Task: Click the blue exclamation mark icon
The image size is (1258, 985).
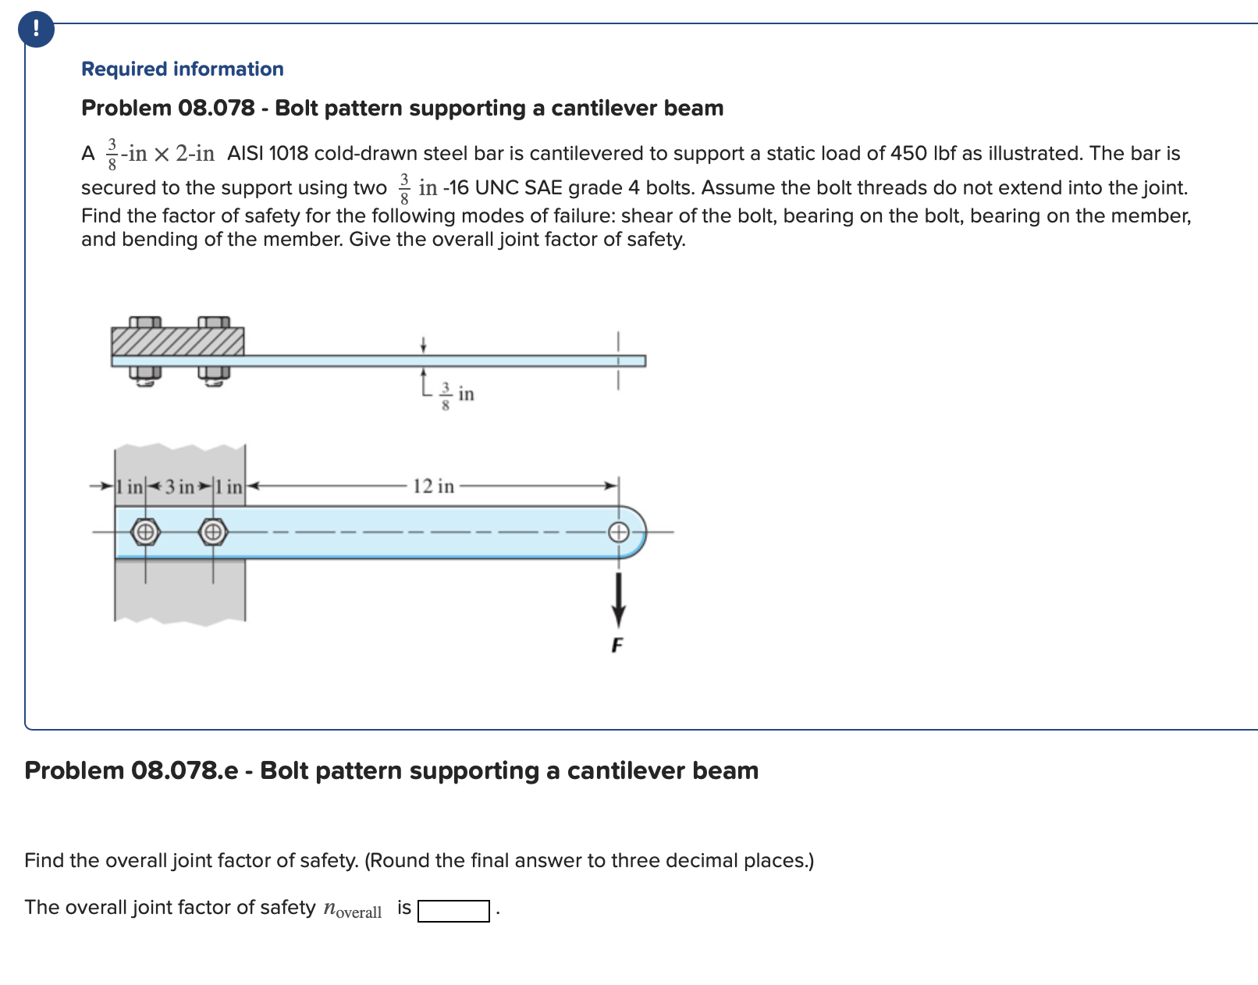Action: click(x=36, y=30)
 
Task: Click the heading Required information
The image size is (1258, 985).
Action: click(x=182, y=69)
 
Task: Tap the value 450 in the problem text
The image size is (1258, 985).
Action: click(x=908, y=153)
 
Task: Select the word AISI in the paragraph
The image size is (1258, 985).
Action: click(x=245, y=153)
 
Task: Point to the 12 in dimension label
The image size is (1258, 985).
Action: click(x=433, y=486)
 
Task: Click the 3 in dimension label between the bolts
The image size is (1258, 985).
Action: click(x=179, y=487)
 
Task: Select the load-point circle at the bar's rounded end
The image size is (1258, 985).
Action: click(x=618, y=532)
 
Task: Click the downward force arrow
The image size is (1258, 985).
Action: click(x=618, y=599)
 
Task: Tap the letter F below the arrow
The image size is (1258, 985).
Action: click(x=617, y=645)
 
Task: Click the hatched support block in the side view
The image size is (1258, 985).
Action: click(x=177, y=341)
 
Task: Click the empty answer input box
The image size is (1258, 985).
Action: click(x=453, y=911)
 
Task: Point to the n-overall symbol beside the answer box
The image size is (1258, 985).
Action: click(x=352, y=909)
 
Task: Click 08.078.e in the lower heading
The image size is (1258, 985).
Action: click(x=184, y=770)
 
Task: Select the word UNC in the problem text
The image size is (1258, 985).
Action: click(x=497, y=187)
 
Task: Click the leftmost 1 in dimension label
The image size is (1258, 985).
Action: click(x=130, y=487)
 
